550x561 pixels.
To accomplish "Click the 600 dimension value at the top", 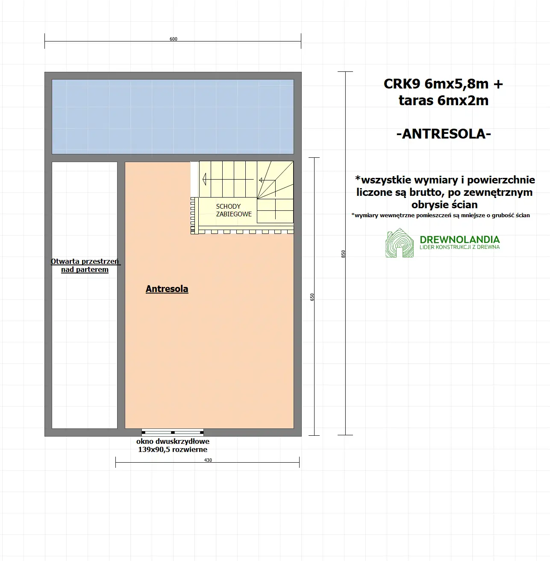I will pos(173,39).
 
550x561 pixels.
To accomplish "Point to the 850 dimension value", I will pos(343,254).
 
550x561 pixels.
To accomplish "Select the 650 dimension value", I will pos(312,297).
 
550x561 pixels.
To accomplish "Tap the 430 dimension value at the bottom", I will pos(208,460).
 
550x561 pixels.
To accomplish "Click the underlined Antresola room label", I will pos(167,289).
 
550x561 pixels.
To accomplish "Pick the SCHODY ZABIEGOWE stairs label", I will pos(233,210).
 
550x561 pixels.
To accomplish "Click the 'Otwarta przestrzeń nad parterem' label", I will pos(85,266).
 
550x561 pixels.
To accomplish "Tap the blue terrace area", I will pos(173,116).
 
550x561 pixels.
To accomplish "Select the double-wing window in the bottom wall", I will pos(173,432).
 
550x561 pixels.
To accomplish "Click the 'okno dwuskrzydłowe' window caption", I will pos(173,441).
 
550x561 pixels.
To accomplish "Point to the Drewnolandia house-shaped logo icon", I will pos(400,244).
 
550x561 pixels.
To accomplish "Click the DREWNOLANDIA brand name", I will pos(459,239).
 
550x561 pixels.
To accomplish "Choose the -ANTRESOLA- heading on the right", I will pos(444,134).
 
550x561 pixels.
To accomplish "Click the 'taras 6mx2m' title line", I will pos(444,100).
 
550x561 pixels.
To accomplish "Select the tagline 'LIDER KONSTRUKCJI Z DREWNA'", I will pos(459,247).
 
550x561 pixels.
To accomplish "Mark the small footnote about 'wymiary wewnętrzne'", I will pos(441,215).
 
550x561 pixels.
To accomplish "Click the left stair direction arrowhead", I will pos(204,179).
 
